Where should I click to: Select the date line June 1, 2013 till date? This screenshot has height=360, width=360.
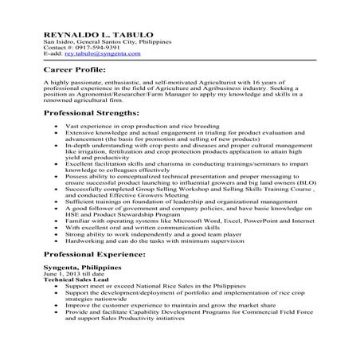[68, 274]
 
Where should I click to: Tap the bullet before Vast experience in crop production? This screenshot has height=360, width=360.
[53, 127]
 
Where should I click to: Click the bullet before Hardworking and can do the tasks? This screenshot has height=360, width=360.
[53, 241]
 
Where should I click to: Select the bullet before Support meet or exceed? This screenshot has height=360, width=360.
[53, 287]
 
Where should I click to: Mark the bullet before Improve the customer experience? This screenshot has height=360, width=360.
[53, 305]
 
